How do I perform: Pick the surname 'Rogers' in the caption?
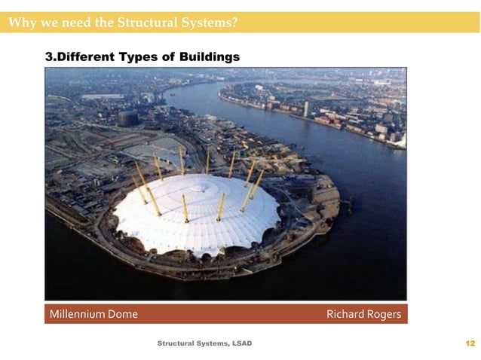click(384, 314)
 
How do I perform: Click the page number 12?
click(470, 344)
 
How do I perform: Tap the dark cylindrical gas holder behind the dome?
click(127, 117)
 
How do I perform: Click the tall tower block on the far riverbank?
click(307, 108)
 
